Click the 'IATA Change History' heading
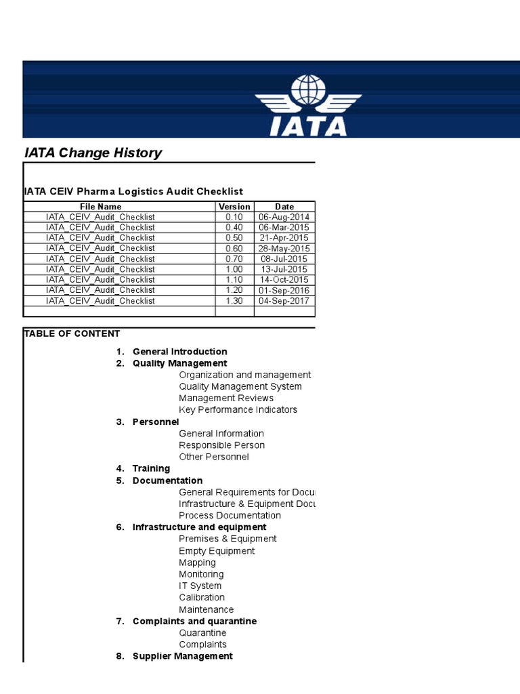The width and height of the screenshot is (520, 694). [x=93, y=152]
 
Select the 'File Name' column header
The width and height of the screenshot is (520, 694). [x=100, y=207]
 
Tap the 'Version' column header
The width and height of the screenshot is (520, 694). [x=234, y=207]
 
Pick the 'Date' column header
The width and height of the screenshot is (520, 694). [x=284, y=207]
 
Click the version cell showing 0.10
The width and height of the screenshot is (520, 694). [x=234, y=217]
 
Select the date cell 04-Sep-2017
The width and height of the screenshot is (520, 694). [x=284, y=301]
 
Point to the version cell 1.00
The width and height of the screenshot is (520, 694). [x=234, y=269]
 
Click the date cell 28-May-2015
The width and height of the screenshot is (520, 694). [x=284, y=248]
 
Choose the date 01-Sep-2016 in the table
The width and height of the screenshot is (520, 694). [x=284, y=290]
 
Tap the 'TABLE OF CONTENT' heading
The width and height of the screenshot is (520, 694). [x=72, y=333]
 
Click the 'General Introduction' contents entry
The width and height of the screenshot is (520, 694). [x=179, y=352]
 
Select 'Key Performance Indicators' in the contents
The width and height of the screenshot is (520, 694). [x=238, y=409]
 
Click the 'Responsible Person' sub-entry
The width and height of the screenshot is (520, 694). [x=221, y=445]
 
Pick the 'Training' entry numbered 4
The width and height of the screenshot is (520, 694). [x=151, y=468]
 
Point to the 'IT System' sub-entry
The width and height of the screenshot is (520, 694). [x=200, y=586]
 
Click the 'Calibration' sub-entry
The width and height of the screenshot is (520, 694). [x=202, y=597]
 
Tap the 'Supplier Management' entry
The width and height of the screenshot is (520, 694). [x=182, y=656]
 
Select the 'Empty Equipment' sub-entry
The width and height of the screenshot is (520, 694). [x=217, y=551]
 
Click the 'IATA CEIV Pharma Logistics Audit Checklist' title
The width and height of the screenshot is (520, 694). [x=133, y=192]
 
